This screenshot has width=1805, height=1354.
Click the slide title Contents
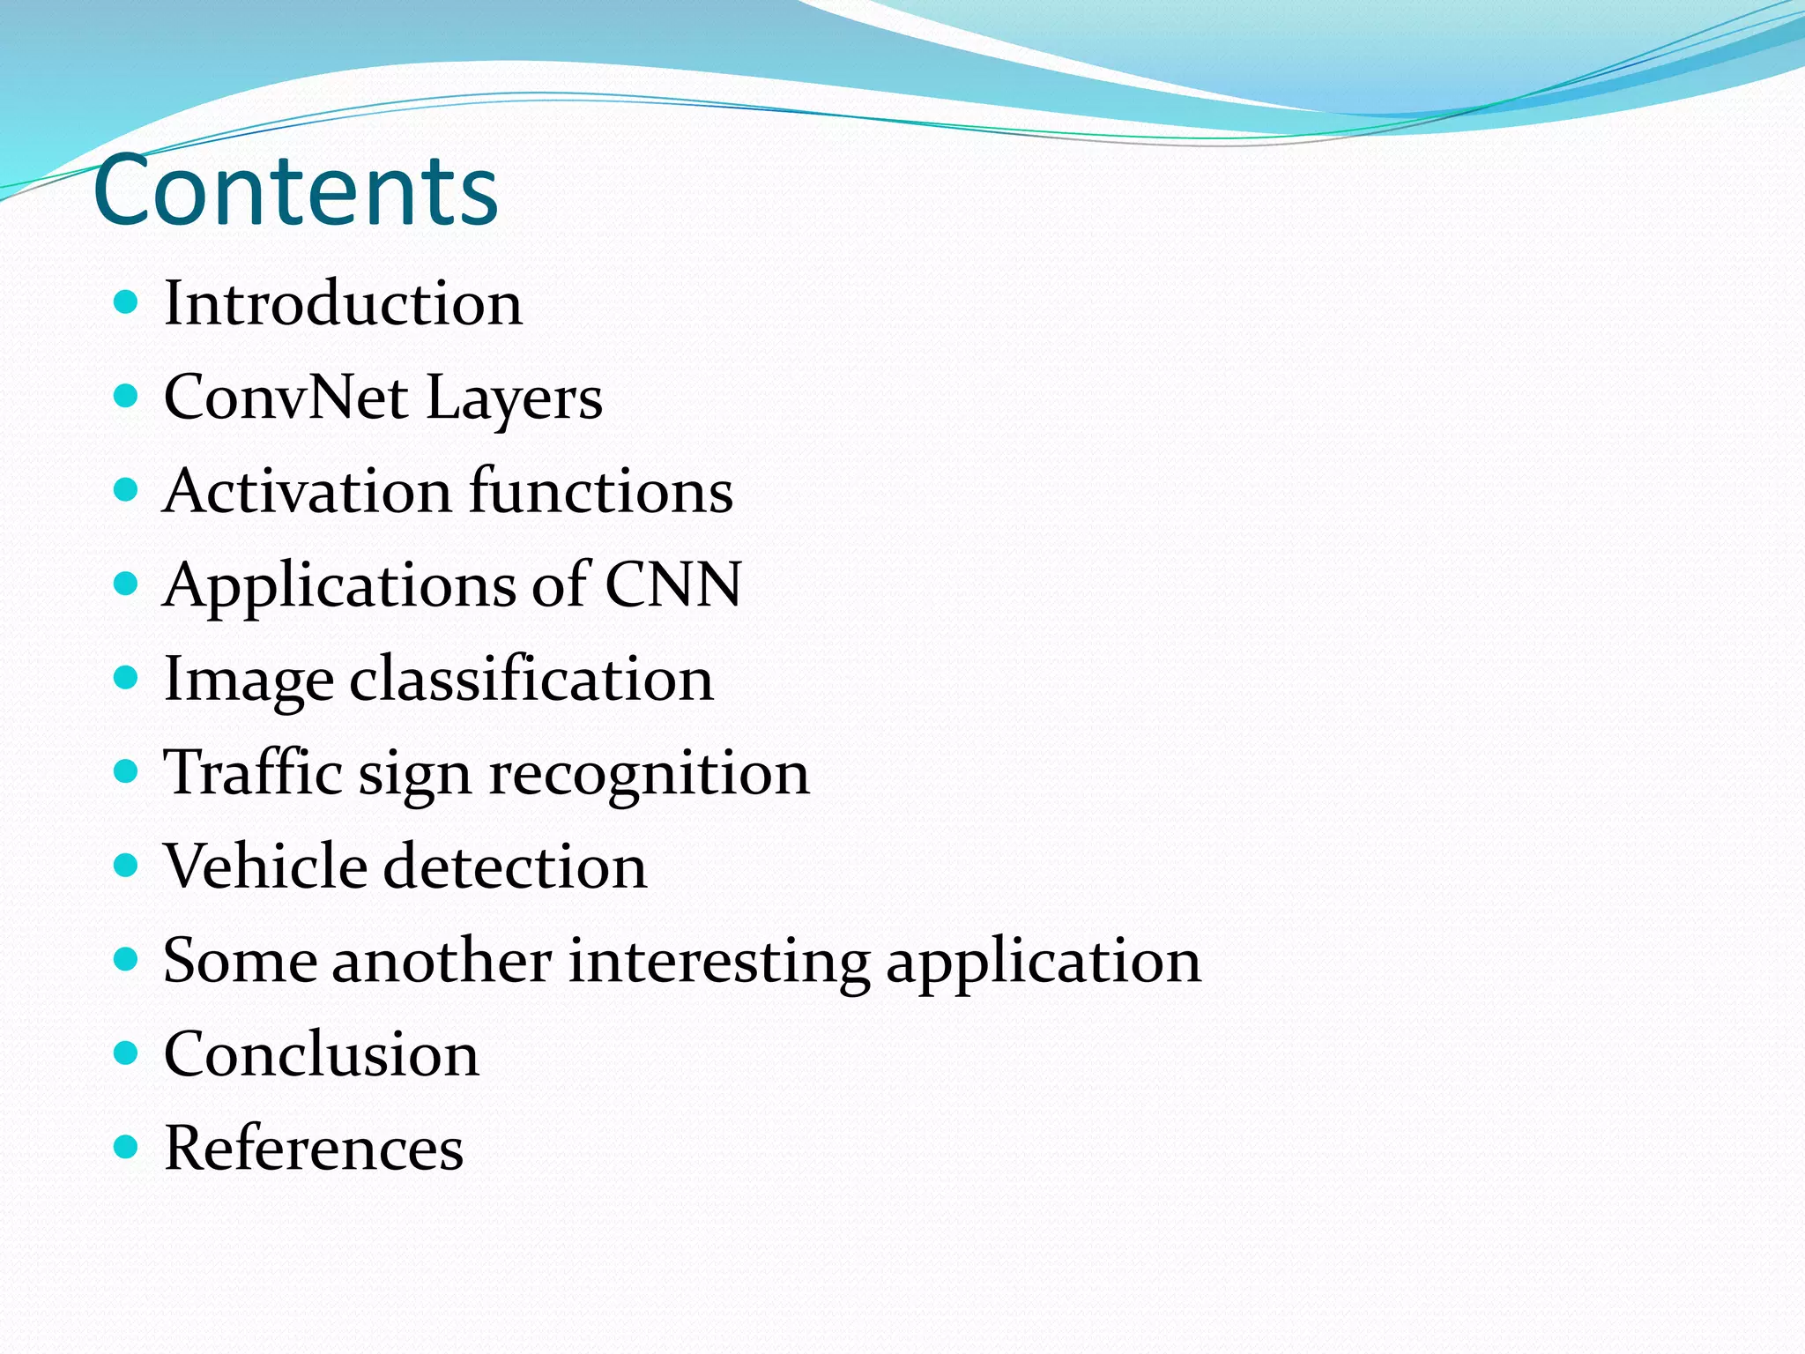point(295,190)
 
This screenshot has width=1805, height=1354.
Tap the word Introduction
point(343,303)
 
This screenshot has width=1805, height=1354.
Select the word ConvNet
point(286,397)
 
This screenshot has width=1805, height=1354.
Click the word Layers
point(514,398)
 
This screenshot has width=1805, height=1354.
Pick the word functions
point(601,491)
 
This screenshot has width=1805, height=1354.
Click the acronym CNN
point(673,584)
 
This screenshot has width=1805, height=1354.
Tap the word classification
point(531,680)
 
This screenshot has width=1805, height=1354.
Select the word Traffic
point(253,773)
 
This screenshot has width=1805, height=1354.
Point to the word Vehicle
point(265,867)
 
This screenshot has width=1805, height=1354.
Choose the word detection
point(516,867)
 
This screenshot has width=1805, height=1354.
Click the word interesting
point(718,961)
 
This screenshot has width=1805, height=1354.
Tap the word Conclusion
point(322,1054)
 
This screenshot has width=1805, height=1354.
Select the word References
point(314,1149)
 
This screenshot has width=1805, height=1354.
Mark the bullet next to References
point(127,1147)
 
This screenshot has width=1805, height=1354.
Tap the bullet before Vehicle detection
point(127,866)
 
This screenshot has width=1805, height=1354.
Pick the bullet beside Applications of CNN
point(127,584)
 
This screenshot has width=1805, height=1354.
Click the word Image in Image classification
point(249,680)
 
